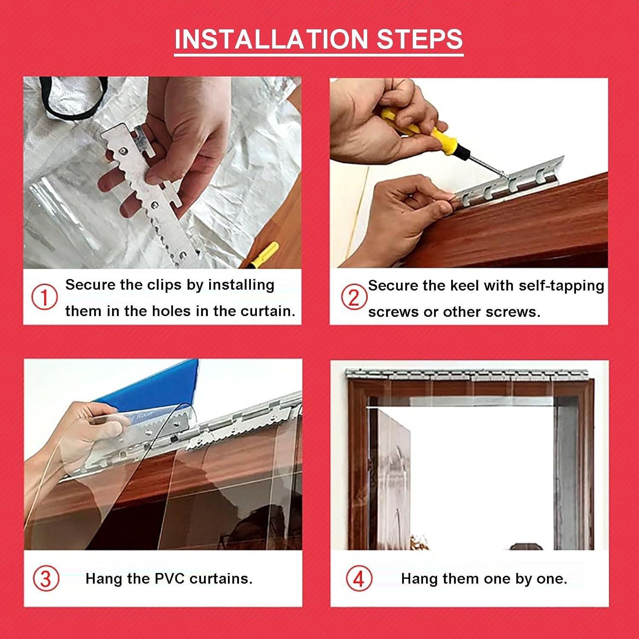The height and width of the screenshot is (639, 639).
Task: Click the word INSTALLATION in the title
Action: pyautogui.click(x=272, y=39)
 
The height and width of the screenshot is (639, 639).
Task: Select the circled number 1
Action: pyautogui.click(x=45, y=297)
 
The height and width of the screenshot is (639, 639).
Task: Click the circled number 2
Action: pyautogui.click(x=354, y=297)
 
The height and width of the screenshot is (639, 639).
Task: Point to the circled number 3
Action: pyautogui.click(x=46, y=579)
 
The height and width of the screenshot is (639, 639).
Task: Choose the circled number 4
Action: pyautogui.click(x=359, y=579)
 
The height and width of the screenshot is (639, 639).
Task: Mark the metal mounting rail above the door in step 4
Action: pyautogui.click(x=466, y=374)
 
